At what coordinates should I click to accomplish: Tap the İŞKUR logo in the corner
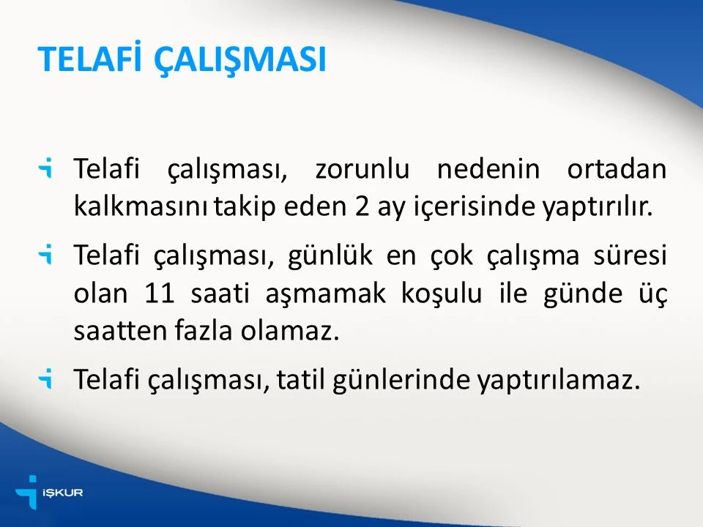[x=48, y=492]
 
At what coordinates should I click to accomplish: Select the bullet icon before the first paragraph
[x=47, y=170]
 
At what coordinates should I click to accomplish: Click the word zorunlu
[x=361, y=170]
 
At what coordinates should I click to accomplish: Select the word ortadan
[x=617, y=170]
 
